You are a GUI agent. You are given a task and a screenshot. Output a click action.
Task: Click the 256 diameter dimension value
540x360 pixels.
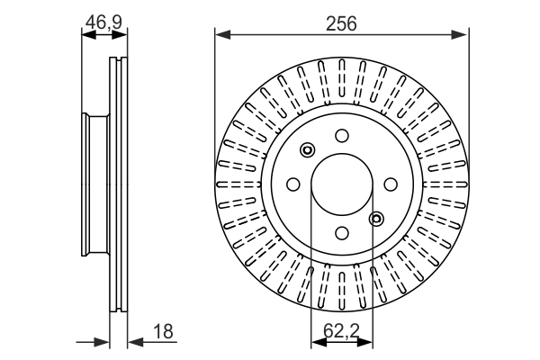click(x=342, y=24)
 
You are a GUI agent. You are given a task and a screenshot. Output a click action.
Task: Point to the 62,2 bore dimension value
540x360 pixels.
click(x=341, y=332)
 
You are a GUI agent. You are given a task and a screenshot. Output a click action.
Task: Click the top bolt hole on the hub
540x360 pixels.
click(x=341, y=136)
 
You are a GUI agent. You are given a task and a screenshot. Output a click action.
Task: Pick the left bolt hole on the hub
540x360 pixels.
click(x=292, y=184)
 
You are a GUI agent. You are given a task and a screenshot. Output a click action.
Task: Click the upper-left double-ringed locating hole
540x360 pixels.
click(x=308, y=150)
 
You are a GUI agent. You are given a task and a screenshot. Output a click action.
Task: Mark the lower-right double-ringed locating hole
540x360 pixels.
click(x=376, y=217)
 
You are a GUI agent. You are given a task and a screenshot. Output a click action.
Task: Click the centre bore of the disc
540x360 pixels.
click(x=341, y=184)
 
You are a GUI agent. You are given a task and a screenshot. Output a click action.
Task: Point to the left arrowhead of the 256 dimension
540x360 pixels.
click(x=221, y=35)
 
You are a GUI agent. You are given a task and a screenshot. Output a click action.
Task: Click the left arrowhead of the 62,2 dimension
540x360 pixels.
click(x=317, y=342)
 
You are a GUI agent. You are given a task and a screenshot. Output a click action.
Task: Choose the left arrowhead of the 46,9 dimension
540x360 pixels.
click(x=86, y=36)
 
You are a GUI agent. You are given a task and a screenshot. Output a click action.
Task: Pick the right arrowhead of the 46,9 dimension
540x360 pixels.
click(x=123, y=36)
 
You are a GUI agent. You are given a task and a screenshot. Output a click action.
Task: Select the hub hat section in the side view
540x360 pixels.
click(x=90, y=184)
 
